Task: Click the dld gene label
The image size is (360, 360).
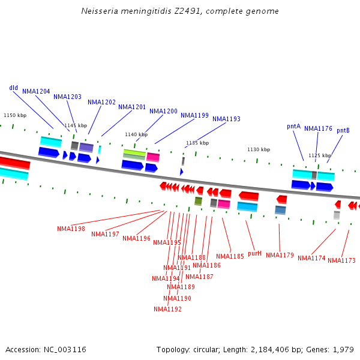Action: [13, 88]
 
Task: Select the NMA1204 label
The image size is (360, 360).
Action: [36, 91]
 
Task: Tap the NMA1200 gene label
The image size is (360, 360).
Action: [163, 111]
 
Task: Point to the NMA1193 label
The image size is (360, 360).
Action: [226, 119]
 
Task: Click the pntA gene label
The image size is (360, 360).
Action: [293, 126]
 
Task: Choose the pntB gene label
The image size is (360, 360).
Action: [343, 130]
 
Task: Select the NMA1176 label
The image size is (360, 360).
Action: [318, 128]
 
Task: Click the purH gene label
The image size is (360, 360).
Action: [255, 253]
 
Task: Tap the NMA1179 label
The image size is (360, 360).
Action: [280, 255]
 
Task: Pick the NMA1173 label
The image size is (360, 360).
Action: [341, 260]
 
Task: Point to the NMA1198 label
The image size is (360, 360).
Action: [71, 229]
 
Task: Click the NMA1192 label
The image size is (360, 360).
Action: [167, 309]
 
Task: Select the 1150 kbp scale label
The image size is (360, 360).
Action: [15, 115]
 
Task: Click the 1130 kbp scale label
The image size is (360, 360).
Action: [259, 149]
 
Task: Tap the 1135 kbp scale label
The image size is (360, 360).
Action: [197, 143]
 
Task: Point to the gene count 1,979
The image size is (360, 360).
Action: [344, 349]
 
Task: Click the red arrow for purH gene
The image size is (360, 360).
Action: [249, 196]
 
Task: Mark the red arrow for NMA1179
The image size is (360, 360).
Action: [281, 199]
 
